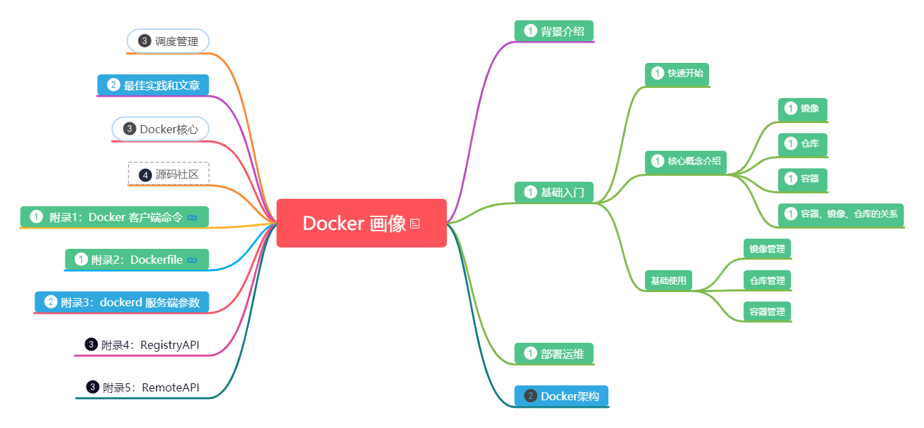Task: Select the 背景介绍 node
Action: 554,30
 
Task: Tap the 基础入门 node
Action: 554,193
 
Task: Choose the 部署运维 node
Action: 554,354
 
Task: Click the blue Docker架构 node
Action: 561,396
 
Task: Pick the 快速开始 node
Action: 677,74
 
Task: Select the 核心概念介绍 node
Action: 685,162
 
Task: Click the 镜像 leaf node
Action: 802,109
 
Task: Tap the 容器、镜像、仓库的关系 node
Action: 841,214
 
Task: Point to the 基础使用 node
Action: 668,281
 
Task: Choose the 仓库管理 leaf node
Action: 767,281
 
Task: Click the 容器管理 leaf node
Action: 767,312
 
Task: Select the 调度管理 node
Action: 168,41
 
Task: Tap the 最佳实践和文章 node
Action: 153,85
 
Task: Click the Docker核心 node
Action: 160,129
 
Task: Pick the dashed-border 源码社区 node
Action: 169,174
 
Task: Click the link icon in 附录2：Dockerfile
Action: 192,260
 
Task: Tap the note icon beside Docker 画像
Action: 415,224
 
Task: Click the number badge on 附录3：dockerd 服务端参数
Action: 50,302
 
